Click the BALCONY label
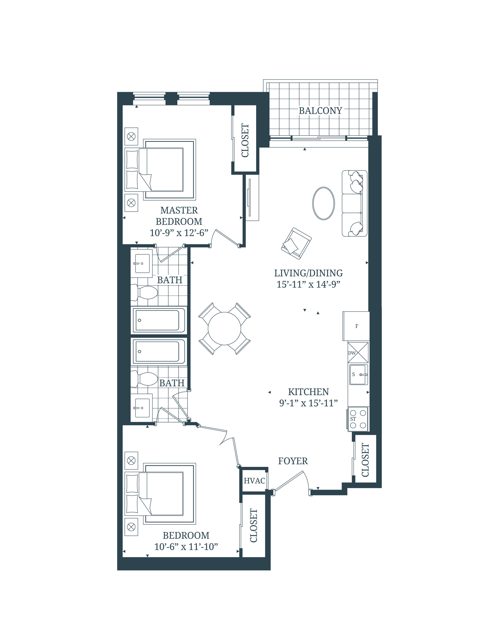[320, 111]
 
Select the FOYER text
[293, 461]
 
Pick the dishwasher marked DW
[358, 352]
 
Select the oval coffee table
[323, 203]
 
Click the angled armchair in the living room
[296, 243]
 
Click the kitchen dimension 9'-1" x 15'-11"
[308, 403]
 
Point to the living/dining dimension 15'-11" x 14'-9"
[308, 284]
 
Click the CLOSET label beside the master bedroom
[245, 140]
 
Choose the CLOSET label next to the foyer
[365, 460]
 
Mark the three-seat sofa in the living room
[354, 203]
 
